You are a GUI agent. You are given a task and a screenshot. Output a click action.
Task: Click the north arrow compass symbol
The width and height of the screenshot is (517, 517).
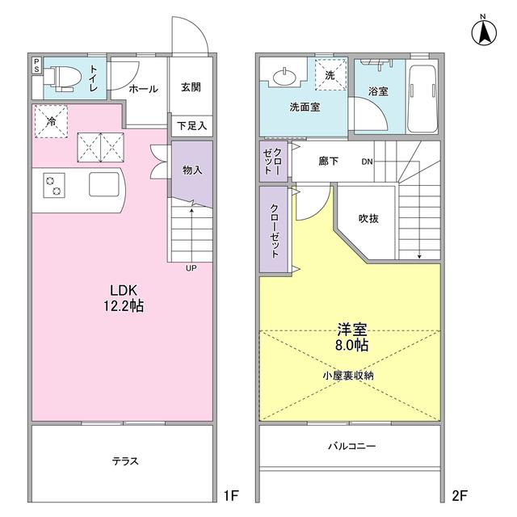[483, 32]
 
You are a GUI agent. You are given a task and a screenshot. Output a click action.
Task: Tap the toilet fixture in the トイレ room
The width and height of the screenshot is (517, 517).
[65, 78]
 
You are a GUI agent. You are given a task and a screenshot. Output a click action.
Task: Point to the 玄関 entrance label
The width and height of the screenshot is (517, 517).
[191, 88]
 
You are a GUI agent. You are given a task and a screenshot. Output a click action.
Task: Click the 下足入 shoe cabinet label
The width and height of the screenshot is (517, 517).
[192, 125]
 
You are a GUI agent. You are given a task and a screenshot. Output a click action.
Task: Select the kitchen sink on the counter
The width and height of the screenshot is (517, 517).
[103, 185]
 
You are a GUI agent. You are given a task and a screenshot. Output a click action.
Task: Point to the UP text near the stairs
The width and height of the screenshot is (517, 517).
[191, 267]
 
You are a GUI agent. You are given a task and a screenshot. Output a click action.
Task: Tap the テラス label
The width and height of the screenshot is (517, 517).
[125, 461]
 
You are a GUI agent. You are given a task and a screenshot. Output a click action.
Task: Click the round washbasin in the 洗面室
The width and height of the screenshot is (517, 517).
[285, 78]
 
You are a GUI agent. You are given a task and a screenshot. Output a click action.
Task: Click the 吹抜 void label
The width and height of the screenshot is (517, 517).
[368, 219]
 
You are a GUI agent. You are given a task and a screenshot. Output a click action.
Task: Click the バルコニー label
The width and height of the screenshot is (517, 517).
[351, 446]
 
